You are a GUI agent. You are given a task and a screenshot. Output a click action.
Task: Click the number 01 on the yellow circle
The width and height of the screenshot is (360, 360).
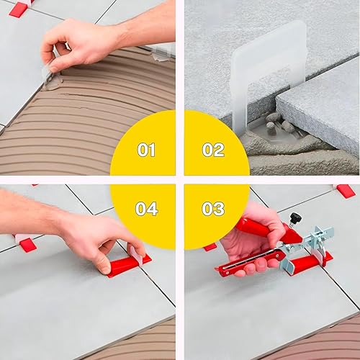[146, 150]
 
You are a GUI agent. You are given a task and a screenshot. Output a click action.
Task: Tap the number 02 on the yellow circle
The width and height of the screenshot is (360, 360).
[213, 150]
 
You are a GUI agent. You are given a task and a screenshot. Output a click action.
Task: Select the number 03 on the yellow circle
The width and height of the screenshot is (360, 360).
[213, 209]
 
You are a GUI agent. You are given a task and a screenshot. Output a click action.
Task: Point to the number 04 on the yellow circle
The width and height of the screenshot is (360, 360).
[146, 209]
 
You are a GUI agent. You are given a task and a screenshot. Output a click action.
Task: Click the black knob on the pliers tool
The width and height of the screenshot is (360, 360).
[295, 217]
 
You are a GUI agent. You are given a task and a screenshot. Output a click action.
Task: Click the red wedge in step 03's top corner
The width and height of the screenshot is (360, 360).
[346, 191]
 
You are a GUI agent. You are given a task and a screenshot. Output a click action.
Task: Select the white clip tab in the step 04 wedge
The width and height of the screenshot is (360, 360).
[136, 253]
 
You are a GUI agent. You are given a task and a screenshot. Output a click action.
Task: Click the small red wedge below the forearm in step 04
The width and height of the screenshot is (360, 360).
[28, 245]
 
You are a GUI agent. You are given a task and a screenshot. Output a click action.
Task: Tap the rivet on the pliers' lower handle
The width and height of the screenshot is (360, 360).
[227, 273]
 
